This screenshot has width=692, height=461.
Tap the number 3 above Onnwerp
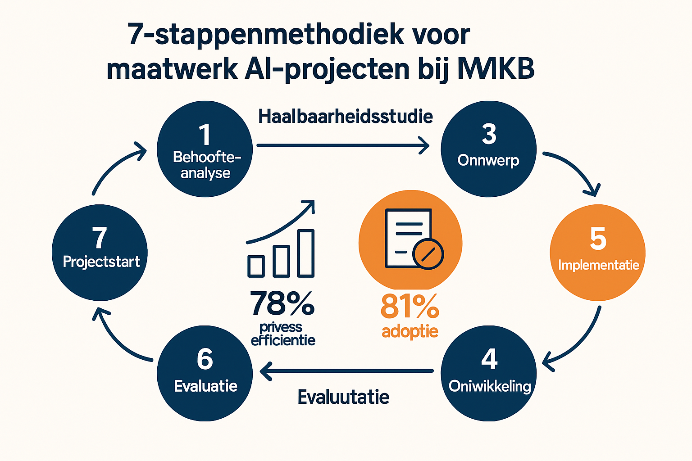(x=489, y=134)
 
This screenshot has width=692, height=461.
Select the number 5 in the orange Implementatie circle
(x=598, y=239)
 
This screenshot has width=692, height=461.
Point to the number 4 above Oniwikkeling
(x=489, y=359)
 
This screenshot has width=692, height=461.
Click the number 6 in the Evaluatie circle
(x=205, y=359)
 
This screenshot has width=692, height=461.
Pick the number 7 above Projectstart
(x=100, y=238)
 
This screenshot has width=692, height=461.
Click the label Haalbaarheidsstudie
(x=346, y=117)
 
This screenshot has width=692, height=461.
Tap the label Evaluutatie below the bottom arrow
(x=343, y=397)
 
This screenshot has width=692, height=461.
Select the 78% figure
(x=282, y=303)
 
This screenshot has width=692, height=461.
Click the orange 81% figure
(x=410, y=307)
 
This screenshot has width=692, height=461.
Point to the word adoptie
(x=410, y=331)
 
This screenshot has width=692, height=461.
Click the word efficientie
(x=283, y=340)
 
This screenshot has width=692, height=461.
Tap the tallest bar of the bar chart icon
(x=306, y=253)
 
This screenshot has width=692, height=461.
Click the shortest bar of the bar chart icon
(x=256, y=266)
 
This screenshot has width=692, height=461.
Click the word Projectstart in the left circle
(x=101, y=262)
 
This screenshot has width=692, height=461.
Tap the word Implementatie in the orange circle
(x=598, y=265)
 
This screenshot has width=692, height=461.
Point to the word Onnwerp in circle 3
(x=488, y=160)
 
